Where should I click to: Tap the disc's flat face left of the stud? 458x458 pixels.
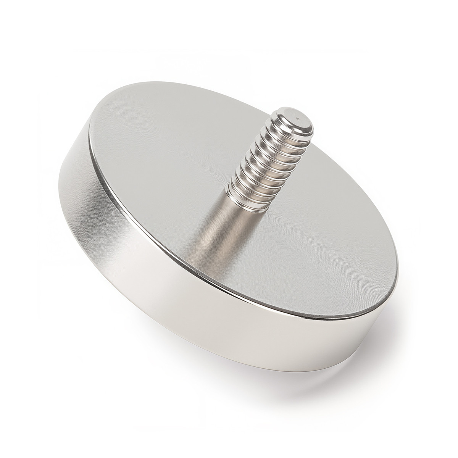point(153,172)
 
